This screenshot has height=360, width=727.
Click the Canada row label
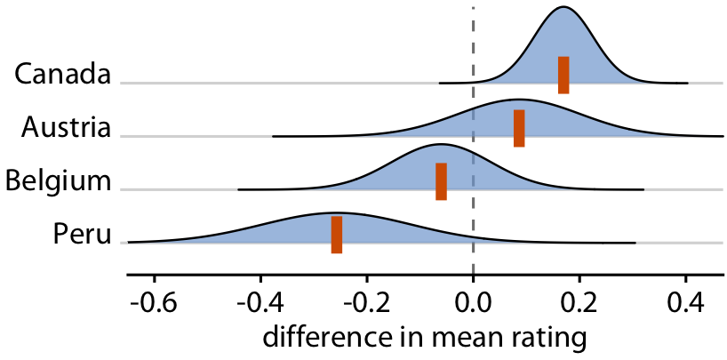pyautogui.click(x=62, y=74)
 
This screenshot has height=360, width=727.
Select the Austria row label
pyautogui.click(x=66, y=127)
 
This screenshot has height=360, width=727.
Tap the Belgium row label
pyautogui.click(x=58, y=181)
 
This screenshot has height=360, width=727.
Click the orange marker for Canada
pyautogui.click(x=563, y=75)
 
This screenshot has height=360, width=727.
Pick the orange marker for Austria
pyautogui.click(x=519, y=128)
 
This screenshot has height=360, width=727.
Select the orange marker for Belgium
pyautogui.click(x=441, y=181)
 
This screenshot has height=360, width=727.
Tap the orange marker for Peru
pyautogui.click(x=337, y=235)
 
